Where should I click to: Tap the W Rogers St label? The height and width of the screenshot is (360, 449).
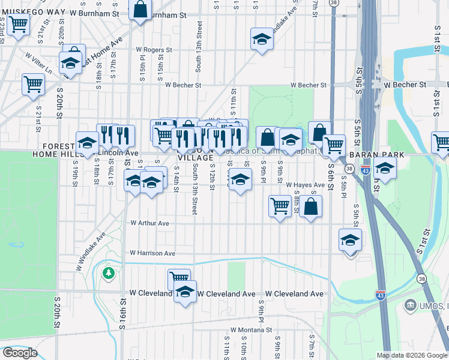point(154,50)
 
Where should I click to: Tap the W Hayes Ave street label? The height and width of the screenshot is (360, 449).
point(306,185)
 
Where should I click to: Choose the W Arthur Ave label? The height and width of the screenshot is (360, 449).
point(149,223)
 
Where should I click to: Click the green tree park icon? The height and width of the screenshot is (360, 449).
point(108,274)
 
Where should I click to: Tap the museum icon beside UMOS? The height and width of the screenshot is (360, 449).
point(411,305)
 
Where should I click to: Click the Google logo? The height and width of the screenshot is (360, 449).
point(20,353)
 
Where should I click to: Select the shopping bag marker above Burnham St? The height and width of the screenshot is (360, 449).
point(140,9)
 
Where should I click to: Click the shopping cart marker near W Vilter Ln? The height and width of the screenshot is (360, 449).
point(33,83)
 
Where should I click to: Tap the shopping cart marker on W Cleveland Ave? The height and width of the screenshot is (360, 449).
point(178,278)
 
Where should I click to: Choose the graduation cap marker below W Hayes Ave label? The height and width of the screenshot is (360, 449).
point(240,179)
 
